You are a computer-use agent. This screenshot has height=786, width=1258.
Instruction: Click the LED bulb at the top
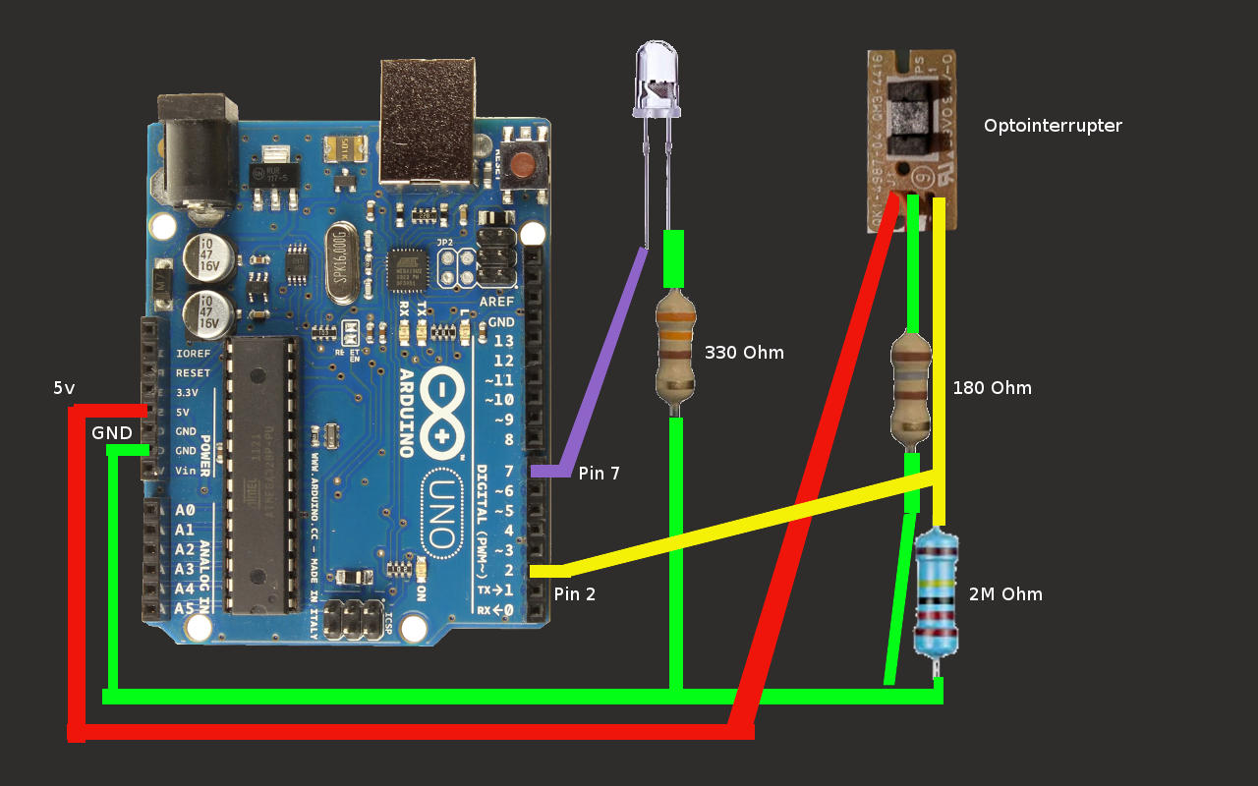[x=657, y=77]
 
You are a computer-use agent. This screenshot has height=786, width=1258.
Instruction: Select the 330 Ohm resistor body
[x=675, y=350]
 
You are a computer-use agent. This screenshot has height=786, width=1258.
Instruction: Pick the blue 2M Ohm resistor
[x=935, y=594]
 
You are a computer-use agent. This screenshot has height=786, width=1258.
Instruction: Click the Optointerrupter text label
[x=1053, y=126]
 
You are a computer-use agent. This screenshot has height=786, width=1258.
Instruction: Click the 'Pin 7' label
[x=599, y=474]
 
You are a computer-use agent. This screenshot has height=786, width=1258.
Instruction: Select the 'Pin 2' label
[x=574, y=594]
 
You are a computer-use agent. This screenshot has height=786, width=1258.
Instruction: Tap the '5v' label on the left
[x=64, y=389]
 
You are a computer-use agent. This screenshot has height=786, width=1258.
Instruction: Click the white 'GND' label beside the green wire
[x=112, y=433]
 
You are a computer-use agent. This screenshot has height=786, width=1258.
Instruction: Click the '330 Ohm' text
[x=744, y=353]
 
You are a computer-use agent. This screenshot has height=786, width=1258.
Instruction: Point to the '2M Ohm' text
[x=1005, y=594]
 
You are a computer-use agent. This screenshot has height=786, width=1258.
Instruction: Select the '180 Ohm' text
[x=992, y=388]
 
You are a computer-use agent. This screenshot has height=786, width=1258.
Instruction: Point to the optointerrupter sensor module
[x=910, y=138]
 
